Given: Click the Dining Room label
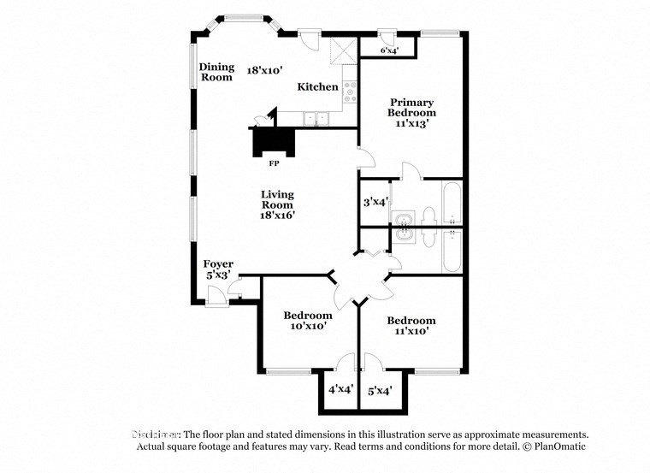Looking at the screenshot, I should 216,72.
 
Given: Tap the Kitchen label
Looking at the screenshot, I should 316,87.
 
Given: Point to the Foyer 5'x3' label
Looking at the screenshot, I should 218,269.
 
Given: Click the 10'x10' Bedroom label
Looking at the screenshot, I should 307,321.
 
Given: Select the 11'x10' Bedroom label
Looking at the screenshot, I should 411,326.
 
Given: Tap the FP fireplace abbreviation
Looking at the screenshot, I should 275,163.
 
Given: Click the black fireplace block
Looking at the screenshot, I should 275,140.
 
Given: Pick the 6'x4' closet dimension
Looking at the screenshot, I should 389,51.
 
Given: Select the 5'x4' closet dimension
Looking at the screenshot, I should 379,392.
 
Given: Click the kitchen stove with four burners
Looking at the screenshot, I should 350,90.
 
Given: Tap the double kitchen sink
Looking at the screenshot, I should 316,119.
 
